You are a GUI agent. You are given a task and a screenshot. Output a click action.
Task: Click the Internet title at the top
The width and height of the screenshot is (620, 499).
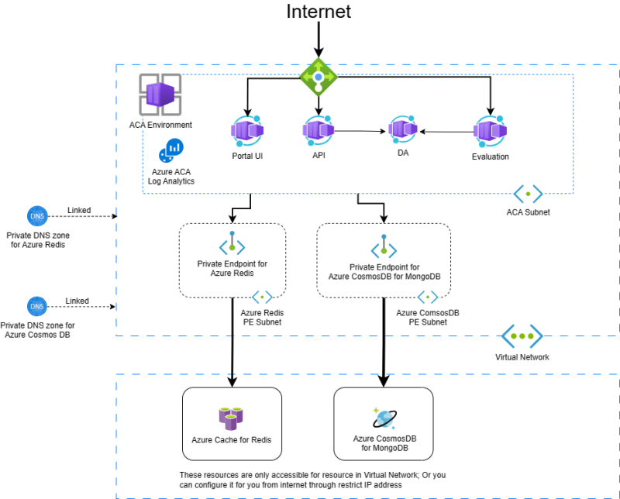pyautogui.click(x=319, y=12)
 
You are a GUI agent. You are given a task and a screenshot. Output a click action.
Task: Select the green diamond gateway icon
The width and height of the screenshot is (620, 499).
pyautogui.click(x=319, y=76)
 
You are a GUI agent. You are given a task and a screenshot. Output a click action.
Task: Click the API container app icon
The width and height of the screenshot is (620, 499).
pyautogui.click(x=319, y=128)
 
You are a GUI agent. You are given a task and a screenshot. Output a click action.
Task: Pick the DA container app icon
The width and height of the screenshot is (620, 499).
pyautogui.click(x=403, y=129)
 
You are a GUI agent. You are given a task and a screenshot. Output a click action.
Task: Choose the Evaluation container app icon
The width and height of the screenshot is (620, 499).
pyautogui.click(x=490, y=131)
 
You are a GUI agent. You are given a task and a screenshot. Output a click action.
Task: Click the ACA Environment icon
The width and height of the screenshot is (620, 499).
pyautogui.click(x=160, y=95)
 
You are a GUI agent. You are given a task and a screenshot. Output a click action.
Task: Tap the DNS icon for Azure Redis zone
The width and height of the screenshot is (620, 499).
pyautogui.click(x=36, y=216)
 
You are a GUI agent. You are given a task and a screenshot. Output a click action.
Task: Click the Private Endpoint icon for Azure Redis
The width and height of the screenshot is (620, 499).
pyautogui.click(x=232, y=244)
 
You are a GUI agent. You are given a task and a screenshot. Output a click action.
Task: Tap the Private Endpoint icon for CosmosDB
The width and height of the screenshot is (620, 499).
pyautogui.click(x=384, y=246)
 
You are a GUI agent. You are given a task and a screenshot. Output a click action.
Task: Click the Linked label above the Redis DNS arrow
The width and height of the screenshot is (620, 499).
pyautogui.click(x=78, y=210)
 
